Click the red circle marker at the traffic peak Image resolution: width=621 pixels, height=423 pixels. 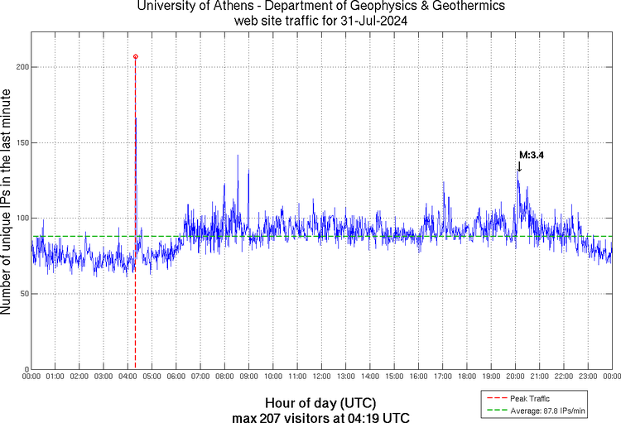point(136,56)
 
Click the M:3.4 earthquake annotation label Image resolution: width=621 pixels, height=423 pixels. point(531,155)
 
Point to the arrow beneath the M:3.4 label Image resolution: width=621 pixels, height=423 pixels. point(519,167)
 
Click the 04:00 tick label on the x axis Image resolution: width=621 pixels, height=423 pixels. point(128,377)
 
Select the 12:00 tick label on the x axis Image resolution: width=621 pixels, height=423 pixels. point(321,377)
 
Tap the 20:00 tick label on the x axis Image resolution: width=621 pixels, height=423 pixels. point(515,377)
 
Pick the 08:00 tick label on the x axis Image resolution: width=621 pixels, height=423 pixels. point(224,377)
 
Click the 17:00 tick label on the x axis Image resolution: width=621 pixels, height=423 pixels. point(442,377)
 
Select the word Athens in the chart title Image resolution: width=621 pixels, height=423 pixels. point(211,7)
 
